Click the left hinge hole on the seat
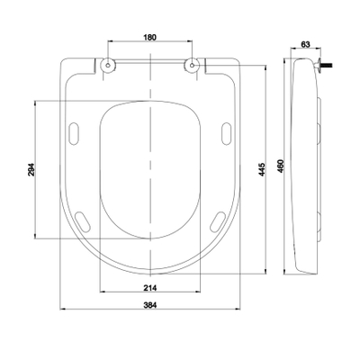(108, 65)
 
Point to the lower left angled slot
(81, 221)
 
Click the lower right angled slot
(219, 221)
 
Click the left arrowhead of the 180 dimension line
(109, 43)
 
